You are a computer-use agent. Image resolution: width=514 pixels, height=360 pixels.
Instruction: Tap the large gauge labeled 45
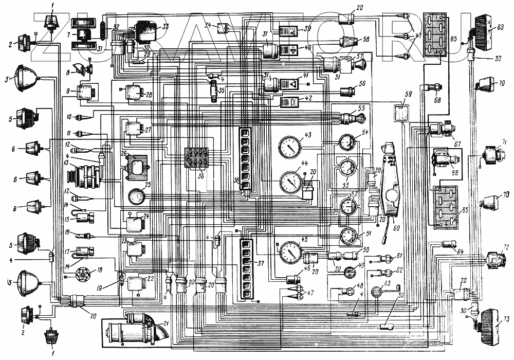pos(289,252)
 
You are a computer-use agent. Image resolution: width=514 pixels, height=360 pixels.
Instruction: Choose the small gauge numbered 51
pos(348,238)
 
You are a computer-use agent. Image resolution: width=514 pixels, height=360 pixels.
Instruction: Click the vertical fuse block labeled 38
pos(246,159)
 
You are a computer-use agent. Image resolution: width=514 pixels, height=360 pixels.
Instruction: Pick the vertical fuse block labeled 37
pos(246,266)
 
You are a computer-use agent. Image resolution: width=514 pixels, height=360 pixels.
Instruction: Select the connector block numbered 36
pos(196,160)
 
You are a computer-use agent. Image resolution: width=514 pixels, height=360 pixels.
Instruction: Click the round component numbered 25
pos(136,196)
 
